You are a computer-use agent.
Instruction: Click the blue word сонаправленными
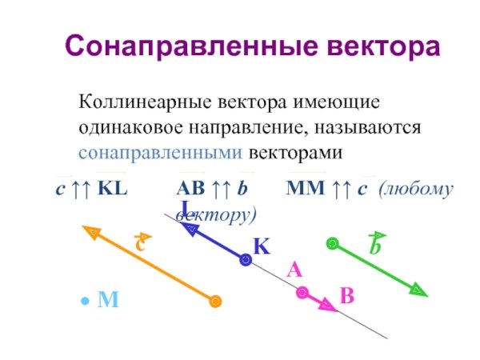coord(160,151)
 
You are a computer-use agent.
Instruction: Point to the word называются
coord(367,127)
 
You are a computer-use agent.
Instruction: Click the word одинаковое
coord(132,127)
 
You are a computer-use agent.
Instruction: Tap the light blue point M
coord(84,302)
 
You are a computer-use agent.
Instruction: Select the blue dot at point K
coord(246,258)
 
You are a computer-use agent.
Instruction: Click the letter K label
coord(262,246)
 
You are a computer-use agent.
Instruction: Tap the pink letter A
coord(294,271)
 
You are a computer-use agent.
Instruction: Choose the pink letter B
coord(346,296)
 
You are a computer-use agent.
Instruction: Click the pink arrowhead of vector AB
coord(327,305)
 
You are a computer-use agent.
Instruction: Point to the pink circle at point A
coord(302,293)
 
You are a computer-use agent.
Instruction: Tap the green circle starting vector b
coord(333,243)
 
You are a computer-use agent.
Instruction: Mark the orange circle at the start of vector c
coord(214,302)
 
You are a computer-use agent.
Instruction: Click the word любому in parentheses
coord(417,190)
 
